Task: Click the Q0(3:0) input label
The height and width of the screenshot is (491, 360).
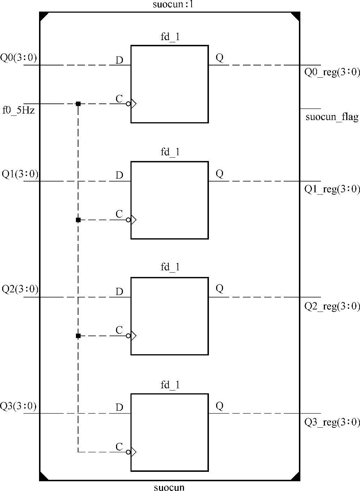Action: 18,58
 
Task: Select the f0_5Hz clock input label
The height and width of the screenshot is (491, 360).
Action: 18,110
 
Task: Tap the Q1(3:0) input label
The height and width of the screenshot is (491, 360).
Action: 20,174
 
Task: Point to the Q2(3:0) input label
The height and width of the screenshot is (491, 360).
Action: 20,289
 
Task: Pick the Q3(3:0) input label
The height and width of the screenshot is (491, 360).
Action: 18,406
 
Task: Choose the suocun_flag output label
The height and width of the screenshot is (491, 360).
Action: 332,117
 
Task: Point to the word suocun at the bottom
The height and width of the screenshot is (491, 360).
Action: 169,487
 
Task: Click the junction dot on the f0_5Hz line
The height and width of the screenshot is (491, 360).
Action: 78,104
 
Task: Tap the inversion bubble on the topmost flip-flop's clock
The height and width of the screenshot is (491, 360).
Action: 128,104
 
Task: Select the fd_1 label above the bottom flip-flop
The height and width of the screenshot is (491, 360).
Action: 170,385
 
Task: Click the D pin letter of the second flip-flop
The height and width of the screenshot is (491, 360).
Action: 119,175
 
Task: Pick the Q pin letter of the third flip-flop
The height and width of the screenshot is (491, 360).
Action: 219,289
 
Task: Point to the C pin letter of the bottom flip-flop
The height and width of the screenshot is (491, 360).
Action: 119,447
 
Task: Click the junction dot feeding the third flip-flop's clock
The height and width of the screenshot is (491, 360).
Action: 78,336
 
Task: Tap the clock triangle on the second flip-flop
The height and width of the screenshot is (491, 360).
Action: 133,220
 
